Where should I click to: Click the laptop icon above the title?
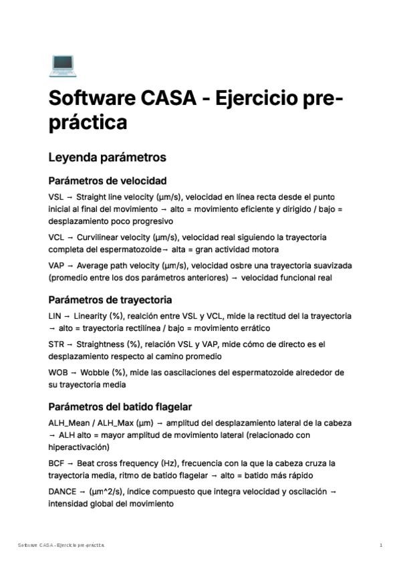(62, 66)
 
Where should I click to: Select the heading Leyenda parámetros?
(107, 158)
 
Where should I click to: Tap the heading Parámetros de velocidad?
(108, 181)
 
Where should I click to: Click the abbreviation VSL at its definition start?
(56, 197)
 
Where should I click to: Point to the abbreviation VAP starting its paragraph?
(56, 265)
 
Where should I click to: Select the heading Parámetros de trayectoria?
(110, 300)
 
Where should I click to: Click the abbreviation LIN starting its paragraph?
(55, 316)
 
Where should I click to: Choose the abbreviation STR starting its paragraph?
(56, 344)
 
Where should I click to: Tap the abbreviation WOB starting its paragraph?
(57, 372)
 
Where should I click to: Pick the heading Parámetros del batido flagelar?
(120, 407)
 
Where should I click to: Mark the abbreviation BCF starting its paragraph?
(56, 463)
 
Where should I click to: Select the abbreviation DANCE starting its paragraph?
(62, 491)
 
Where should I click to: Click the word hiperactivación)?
(82, 447)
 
